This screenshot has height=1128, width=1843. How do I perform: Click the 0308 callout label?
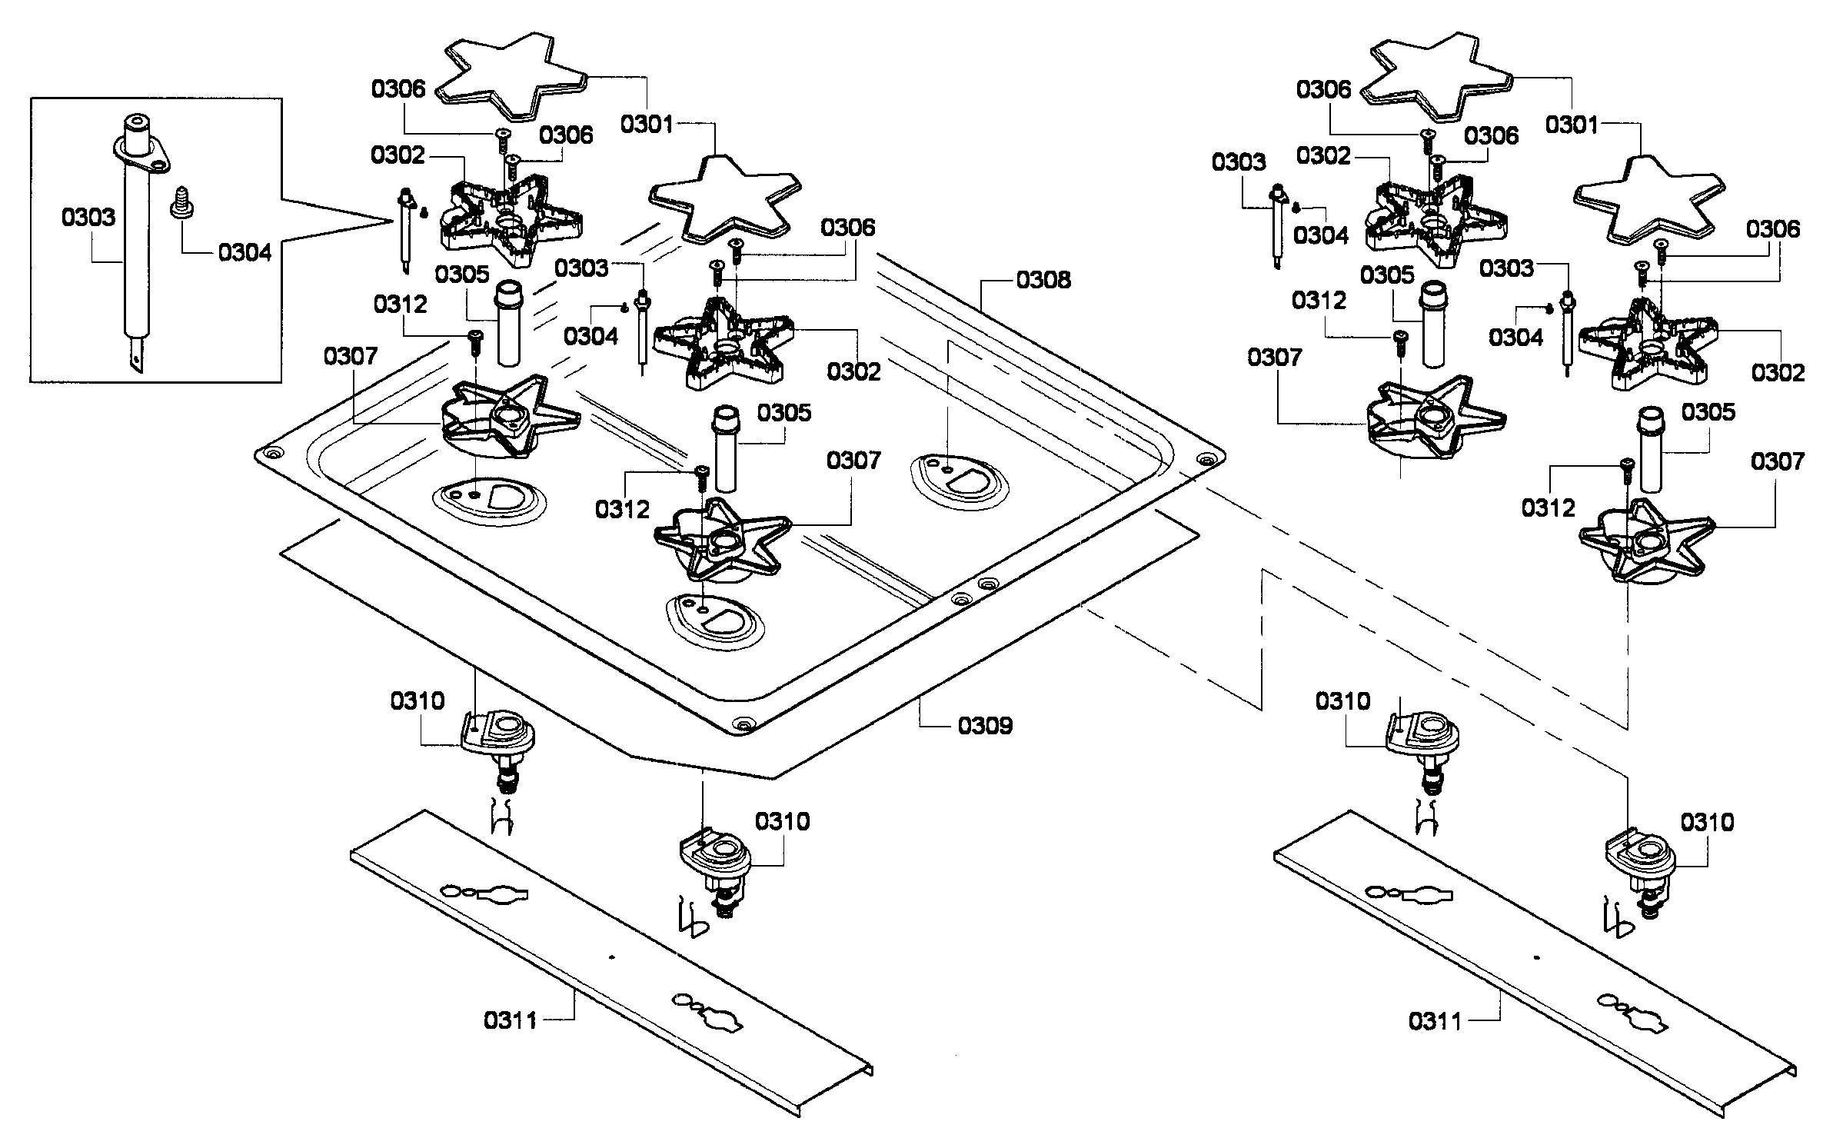point(1043,280)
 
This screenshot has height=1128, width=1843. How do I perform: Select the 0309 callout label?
point(985,725)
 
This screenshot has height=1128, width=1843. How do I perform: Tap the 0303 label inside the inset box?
point(88,218)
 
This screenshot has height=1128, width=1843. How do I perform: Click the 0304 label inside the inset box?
point(245,252)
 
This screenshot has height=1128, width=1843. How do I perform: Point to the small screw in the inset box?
point(183,202)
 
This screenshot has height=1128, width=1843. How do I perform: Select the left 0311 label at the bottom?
point(511,1020)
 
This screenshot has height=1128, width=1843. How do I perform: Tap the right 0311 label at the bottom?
point(1435,1021)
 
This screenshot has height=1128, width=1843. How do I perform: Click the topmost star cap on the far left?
point(511,75)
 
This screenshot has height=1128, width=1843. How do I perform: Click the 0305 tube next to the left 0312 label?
point(507,323)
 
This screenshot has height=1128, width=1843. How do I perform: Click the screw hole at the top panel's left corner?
point(270,455)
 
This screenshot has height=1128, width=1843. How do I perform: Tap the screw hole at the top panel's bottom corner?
point(742,724)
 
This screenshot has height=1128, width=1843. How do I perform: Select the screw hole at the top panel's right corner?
point(1206,459)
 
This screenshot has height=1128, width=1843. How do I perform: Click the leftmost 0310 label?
point(418,700)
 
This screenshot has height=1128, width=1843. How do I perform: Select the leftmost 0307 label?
point(350,356)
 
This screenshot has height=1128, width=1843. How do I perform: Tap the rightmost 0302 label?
point(1778,373)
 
